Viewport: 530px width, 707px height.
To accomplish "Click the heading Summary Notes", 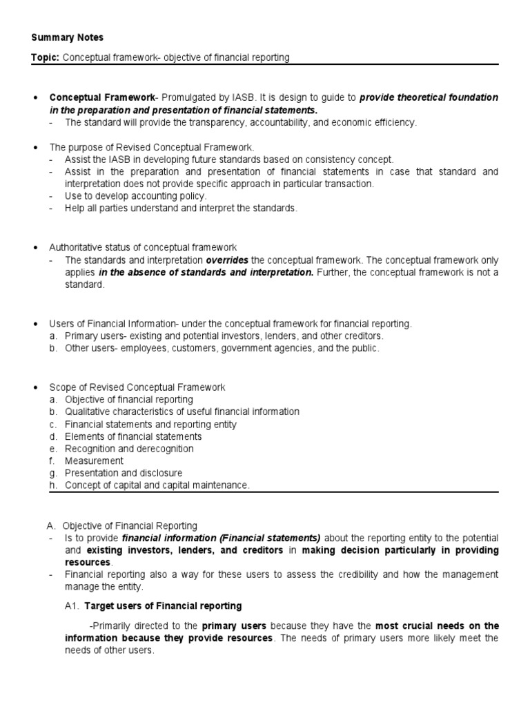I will [67, 37].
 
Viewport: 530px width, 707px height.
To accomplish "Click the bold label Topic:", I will [46, 57].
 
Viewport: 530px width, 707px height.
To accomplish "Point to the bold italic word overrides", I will [227, 260].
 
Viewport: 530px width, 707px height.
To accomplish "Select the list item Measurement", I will [94, 461].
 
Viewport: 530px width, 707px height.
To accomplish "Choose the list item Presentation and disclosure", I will [124, 473].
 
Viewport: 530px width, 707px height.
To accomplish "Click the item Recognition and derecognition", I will [129, 449].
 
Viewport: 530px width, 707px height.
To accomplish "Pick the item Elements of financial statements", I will [133, 436].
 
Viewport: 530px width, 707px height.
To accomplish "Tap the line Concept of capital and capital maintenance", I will [157, 485].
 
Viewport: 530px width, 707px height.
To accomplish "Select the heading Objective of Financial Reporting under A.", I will [130, 525].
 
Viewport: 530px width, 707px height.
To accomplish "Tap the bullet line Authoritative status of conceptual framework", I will [143, 247].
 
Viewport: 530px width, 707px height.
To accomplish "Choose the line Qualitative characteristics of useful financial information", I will [181, 411].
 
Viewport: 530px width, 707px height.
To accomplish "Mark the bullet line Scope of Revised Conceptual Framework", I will [137, 387].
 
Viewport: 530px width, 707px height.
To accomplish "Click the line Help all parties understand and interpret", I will [181, 209].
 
